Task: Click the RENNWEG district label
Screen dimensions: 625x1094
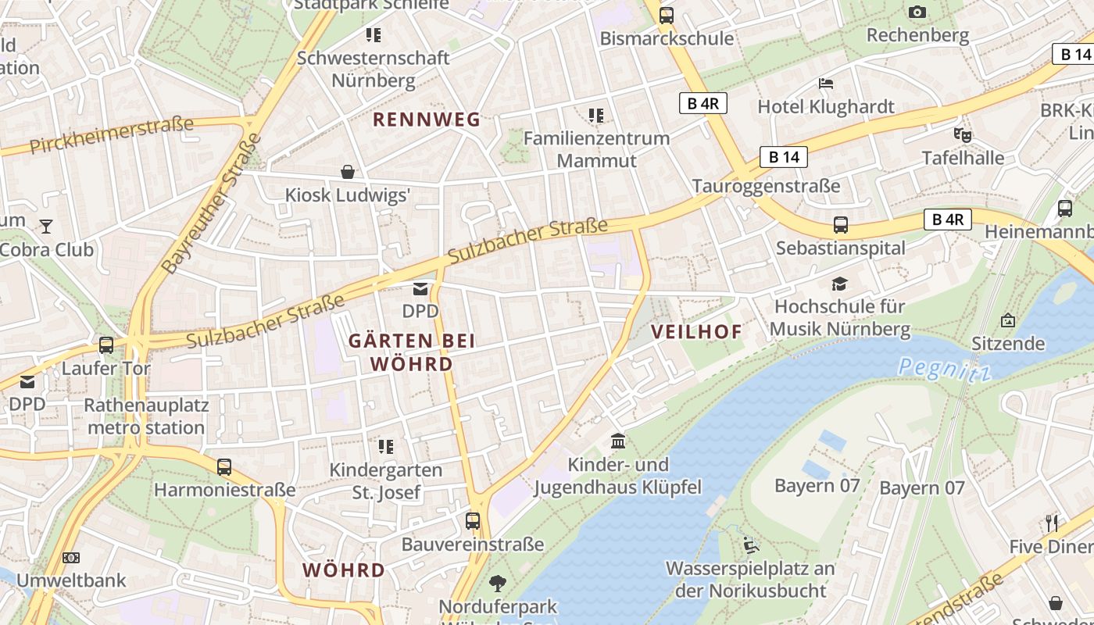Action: (426, 120)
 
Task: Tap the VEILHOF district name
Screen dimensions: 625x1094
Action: (696, 331)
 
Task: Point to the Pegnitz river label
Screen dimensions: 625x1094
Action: (944, 369)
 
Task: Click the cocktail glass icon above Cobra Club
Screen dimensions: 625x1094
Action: (46, 227)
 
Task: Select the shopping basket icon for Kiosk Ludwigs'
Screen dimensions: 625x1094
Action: (348, 171)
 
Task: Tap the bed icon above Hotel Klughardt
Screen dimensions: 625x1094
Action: (826, 83)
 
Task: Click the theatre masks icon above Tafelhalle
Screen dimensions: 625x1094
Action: (963, 135)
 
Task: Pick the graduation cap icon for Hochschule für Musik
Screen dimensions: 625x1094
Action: (839, 284)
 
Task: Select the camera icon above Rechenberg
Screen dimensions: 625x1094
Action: (917, 12)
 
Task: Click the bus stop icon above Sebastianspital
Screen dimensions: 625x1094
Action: (841, 225)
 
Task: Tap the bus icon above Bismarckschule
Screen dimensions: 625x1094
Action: (666, 15)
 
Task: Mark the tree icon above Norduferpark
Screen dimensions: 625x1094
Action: (497, 583)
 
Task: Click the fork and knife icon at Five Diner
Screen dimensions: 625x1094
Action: (1052, 523)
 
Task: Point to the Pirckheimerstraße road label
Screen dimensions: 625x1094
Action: (111, 135)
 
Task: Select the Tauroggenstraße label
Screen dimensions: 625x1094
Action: (766, 186)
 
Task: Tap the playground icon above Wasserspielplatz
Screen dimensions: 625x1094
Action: (750, 545)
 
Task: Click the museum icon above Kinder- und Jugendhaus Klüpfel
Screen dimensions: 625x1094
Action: (618, 441)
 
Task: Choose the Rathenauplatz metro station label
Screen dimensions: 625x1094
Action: (146, 416)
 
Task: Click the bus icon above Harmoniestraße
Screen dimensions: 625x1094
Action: (224, 467)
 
